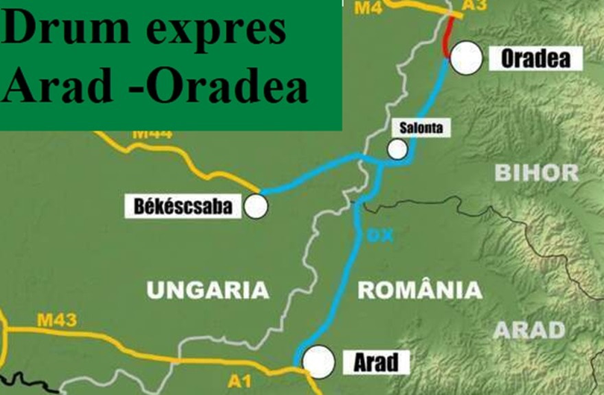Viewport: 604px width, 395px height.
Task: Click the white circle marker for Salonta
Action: pos(397,149)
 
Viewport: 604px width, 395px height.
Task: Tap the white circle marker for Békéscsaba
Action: pos(256,205)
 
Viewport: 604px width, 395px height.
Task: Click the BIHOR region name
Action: pos(536,173)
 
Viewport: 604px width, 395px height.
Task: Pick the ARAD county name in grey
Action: pos(530,329)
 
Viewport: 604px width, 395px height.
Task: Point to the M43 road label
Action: pos(57,321)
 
